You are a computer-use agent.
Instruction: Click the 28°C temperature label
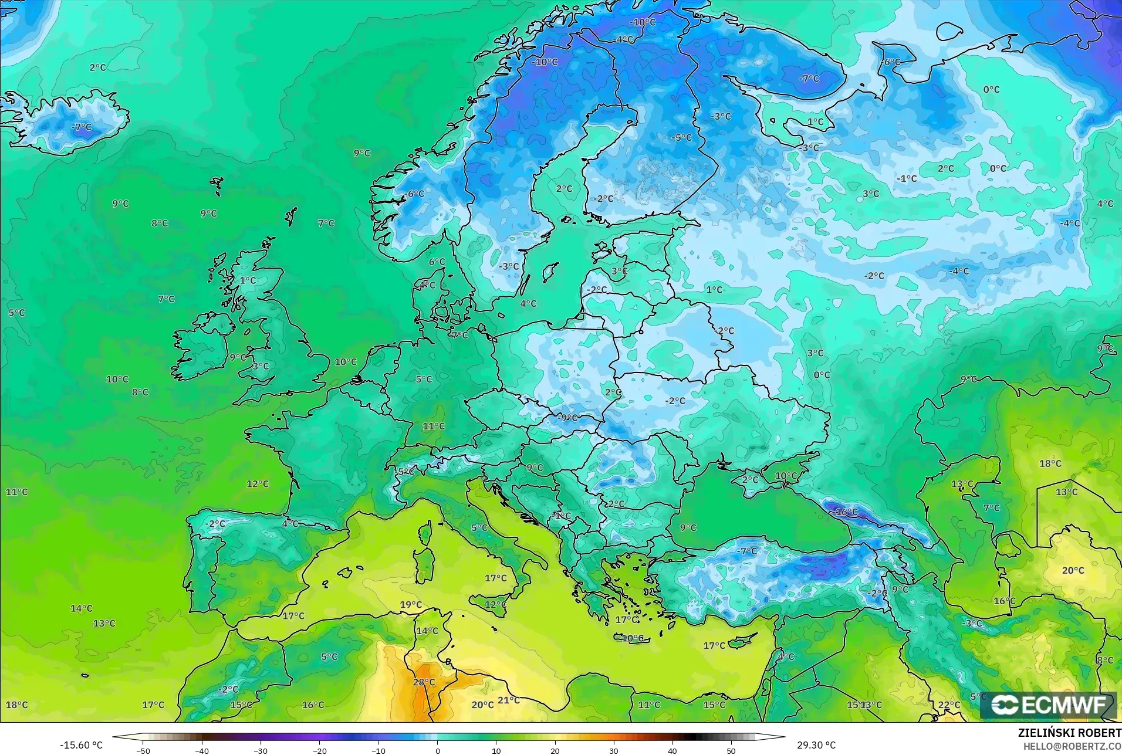[424, 682]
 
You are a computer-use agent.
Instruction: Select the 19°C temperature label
[411, 605]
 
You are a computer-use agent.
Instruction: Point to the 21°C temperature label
[509, 700]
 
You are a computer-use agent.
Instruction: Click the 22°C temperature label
[949, 705]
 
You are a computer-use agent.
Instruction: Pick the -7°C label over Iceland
[82, 127]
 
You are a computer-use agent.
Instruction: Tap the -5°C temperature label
[681, 138]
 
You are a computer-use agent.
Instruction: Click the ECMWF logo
[1048, 705]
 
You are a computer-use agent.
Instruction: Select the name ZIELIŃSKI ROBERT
[1069, 733]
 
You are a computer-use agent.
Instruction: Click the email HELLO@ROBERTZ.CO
[1072, 746]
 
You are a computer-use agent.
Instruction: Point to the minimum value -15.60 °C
[81, 745]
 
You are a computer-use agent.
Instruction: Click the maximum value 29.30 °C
[816, 745]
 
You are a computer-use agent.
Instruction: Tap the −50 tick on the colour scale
[143, 750]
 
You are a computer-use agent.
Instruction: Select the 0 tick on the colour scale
[437, 750]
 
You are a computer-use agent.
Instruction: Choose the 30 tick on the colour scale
[614, 750]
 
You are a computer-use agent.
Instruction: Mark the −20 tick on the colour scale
[319, 750]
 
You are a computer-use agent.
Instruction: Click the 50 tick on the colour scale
[731, 750]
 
